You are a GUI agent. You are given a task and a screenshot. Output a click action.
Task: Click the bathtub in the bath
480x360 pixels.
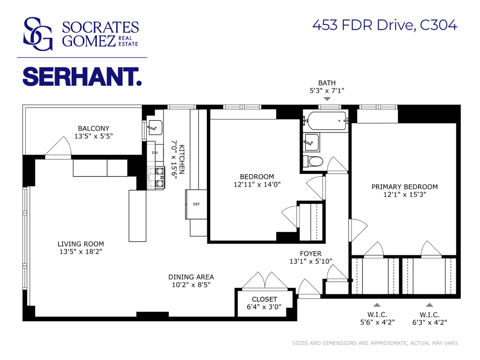[326, 121]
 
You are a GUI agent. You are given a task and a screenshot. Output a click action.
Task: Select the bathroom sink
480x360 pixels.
[311, 143]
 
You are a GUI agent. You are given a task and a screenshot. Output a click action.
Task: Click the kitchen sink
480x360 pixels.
[155, 128]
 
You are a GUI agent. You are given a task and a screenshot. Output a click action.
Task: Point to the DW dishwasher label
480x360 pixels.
[155, 153]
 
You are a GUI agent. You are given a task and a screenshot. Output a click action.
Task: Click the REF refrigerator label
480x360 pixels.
[196, 204]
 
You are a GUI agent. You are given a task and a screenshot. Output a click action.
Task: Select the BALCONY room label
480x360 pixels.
[94, 128]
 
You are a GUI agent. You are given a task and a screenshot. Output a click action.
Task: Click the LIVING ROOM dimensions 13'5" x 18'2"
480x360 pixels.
[81, 251]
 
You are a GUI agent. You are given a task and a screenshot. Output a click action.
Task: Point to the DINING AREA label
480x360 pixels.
[191, 277]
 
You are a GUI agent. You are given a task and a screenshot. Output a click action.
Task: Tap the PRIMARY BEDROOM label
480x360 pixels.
[404, 187]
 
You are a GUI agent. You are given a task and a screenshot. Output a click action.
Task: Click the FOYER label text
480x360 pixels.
[311, 253]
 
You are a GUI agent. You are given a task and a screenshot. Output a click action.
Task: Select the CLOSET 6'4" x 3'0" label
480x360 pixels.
[264, 303]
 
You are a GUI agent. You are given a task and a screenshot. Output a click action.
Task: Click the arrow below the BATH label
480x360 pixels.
[327, 99]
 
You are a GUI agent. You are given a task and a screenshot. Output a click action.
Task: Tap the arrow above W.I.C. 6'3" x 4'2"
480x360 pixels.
[430, 305]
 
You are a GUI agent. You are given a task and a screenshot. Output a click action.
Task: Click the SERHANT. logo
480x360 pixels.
[82, 77]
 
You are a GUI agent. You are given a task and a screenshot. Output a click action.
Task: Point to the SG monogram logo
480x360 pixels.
[38, 34]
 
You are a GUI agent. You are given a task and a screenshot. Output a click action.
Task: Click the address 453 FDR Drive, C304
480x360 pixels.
[385, 25]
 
